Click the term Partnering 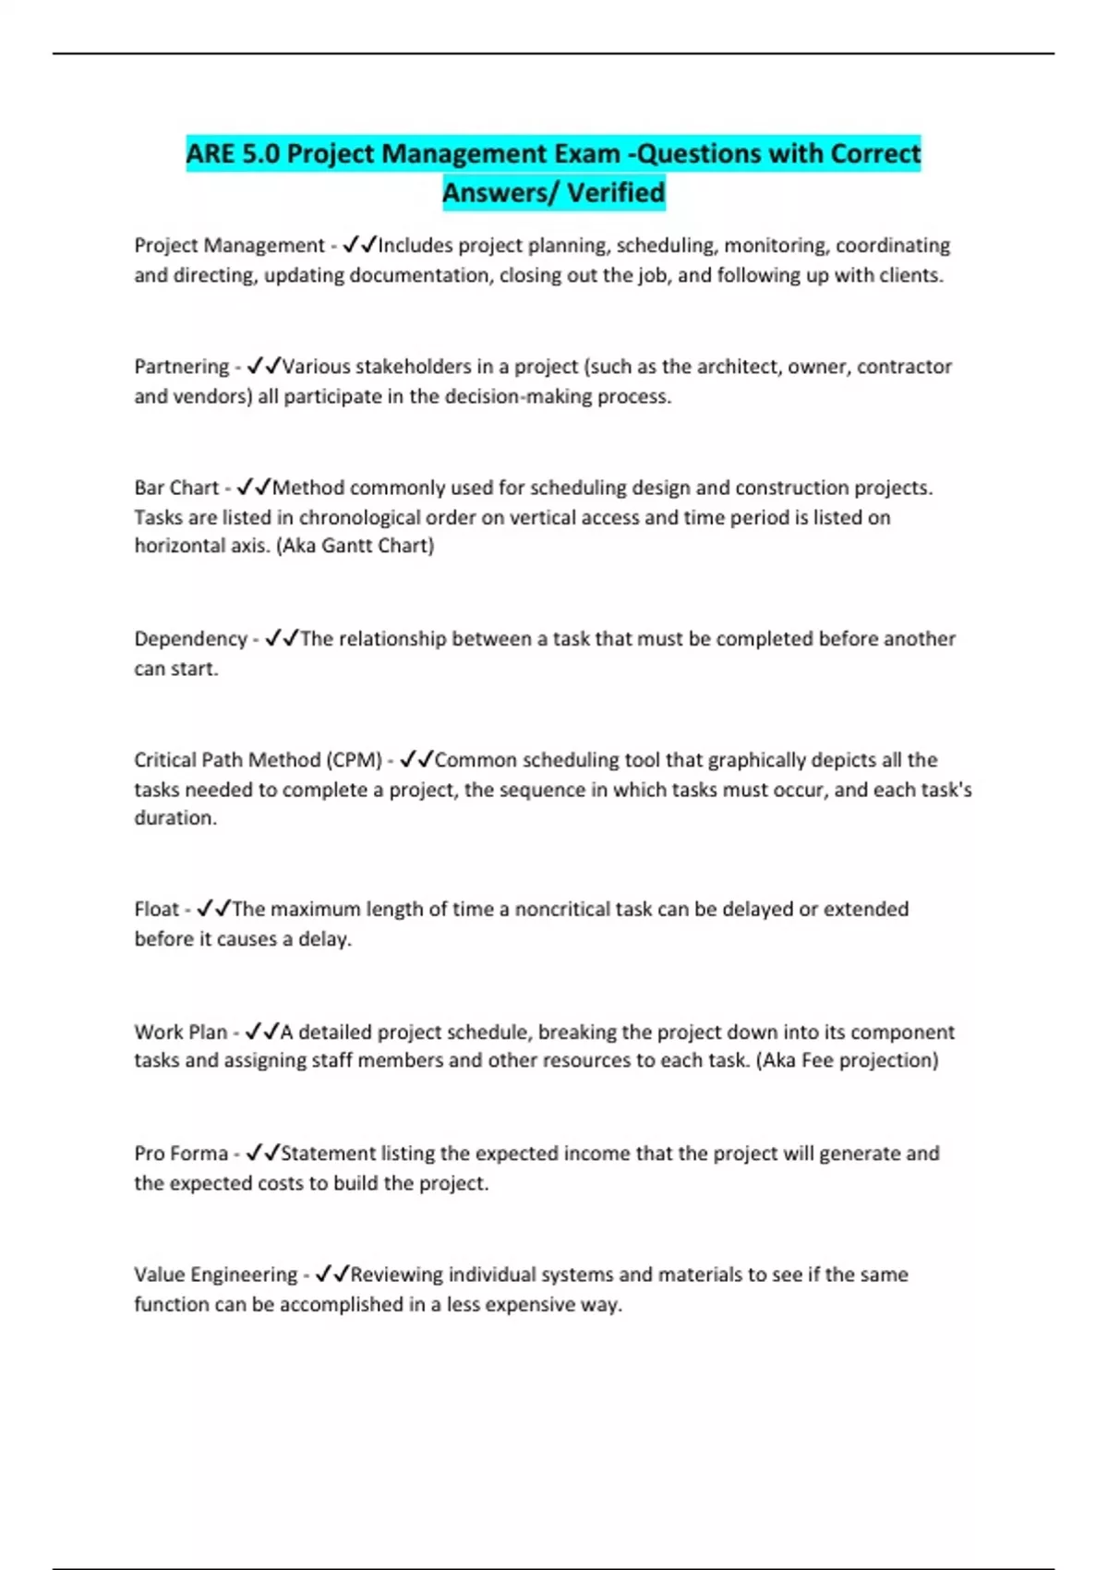click(x=181, y=367)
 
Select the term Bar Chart click(x=176, y=488)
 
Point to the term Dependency click(x=190, y=639)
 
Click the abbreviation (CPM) click(x=354, y=760)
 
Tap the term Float click(x=156, y=910)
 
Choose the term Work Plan click(x=180, y=1033)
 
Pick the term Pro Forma click(x=181, y=1153)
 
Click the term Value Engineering click(x=215, y=1274)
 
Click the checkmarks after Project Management click(x=359, y=246)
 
